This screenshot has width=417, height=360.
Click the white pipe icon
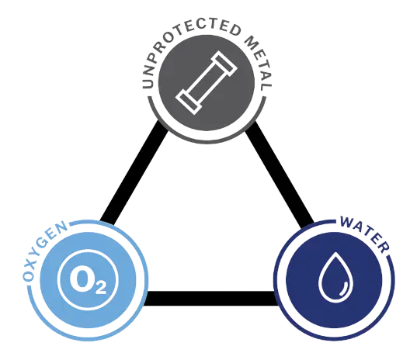207,82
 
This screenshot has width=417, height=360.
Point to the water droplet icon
335,277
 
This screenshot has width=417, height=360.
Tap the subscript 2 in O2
100,288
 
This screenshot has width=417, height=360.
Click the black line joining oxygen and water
210,298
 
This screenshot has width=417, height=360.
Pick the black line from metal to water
280,174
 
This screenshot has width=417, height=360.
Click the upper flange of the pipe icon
224,64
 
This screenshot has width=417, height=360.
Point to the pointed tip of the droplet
336,252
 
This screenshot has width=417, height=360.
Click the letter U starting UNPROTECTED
148,83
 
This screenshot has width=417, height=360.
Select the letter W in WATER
348,222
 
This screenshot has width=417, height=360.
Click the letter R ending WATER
382,247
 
